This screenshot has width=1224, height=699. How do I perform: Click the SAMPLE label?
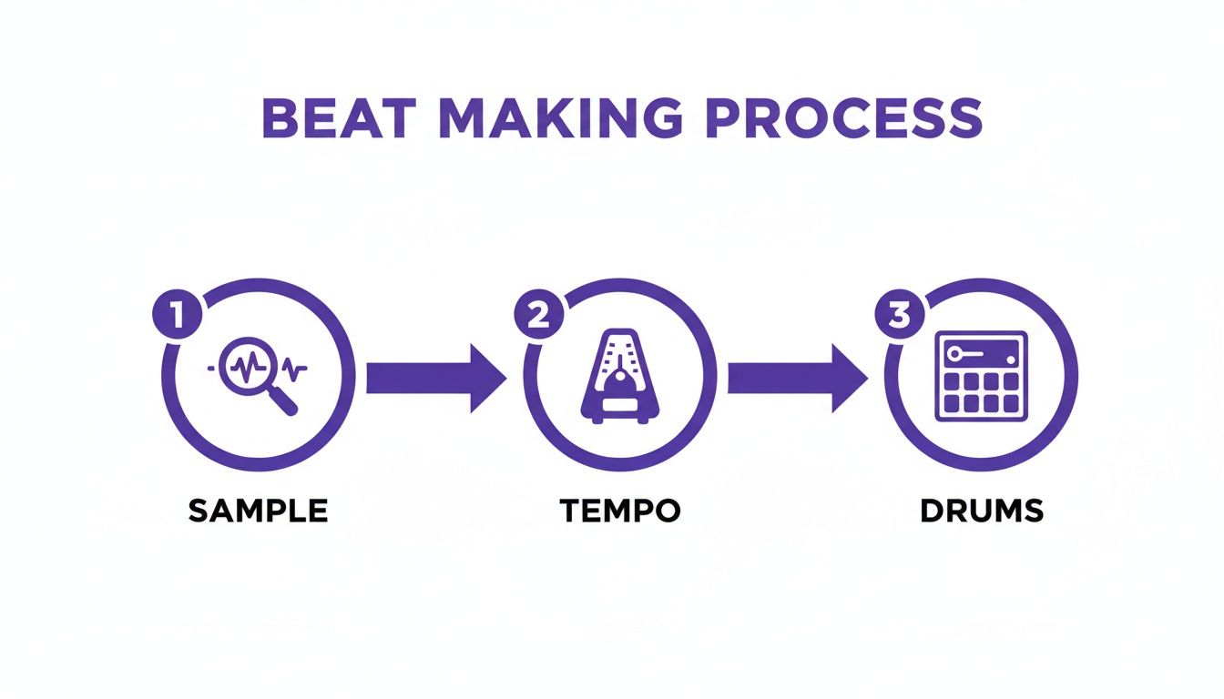coord(258,511)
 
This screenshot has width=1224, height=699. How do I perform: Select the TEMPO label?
coord(620,511)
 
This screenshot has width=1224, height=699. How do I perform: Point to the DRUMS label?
coord(982,511)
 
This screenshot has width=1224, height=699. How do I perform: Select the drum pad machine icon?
coord(981,376)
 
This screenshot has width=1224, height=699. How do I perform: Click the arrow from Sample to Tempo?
coord(435,377)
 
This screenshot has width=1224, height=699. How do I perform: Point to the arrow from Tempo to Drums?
coord(797,377)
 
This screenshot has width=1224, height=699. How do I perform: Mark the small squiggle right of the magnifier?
coord(294,368)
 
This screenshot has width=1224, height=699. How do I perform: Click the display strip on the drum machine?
coord(981,352)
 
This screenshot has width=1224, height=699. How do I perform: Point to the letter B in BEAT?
coord(280,117)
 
